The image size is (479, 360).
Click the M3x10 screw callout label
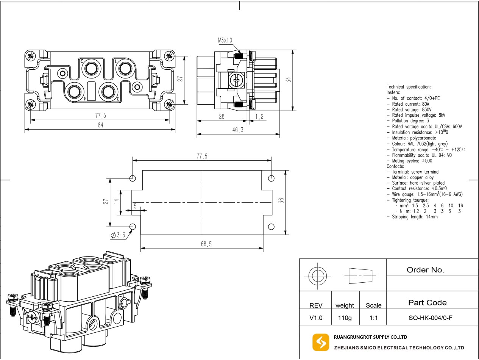[225, 40]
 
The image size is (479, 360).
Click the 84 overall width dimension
[100, 125]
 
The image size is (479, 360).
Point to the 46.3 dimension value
[238, 130]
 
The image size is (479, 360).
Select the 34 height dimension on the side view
[289, 80]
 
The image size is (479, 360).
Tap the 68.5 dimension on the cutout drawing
[206, 244]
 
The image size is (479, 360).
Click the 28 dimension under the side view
[222, 117]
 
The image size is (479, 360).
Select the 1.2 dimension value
[259, 117]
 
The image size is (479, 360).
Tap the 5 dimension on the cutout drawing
[135, 206]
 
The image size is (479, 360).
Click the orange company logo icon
[320, 342]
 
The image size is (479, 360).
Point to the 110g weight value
[345, 318]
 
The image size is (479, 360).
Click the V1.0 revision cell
[315, 318]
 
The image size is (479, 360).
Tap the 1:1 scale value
[373, 318]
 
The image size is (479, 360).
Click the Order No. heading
[425, 270]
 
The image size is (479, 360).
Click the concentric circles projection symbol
[317, 275]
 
